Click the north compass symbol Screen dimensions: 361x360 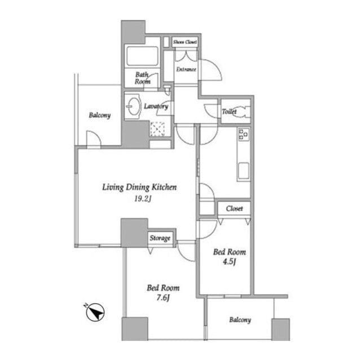click(x=95, y=313)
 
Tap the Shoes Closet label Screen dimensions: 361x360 click(x=185, y=42)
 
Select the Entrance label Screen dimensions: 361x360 click(x=186, y=69)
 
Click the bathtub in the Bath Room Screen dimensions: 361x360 click(x=142, y=56)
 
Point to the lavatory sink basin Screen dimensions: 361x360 click(x=134, y=106)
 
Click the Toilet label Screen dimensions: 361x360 click(x=230, y=112)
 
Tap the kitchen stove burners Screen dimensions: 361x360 click(x=244, y=134)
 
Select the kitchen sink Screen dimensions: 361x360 click(x=243, y=171)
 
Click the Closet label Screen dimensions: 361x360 click(x=235, y=208)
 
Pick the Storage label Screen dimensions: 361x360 click(x=160, y=238)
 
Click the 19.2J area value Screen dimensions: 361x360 click(x=143, y=199)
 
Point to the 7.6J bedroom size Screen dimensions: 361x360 click(x=163, y=298)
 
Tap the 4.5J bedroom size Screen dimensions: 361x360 click(x=230, y=262)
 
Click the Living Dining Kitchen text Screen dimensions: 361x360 click(x=139, y=188)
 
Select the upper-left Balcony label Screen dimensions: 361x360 click(x=100, y=115)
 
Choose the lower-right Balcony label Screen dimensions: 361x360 click(x=240, y=320)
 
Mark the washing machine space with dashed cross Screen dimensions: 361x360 click(x=157, y=129)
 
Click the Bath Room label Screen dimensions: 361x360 click(x=143, y=78)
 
